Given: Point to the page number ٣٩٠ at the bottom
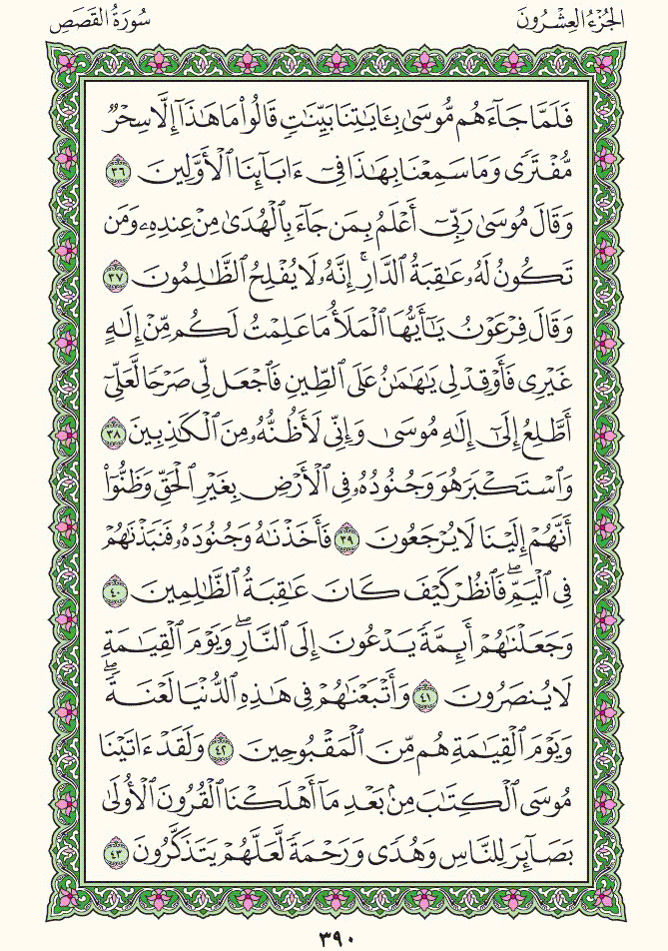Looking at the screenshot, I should [333, 934].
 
